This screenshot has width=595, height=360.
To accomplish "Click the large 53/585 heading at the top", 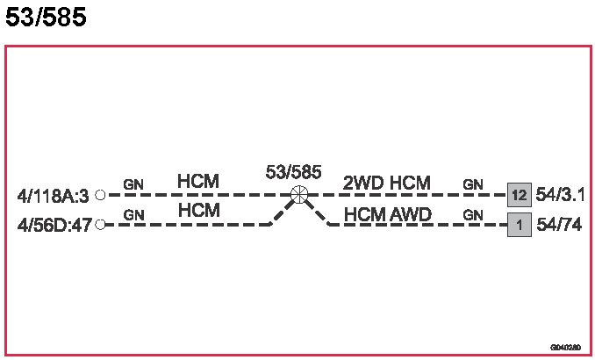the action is pyautogui.click(x=46, y=18).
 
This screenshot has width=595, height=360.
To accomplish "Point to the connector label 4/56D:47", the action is pyautogui.click(x=54, y=225).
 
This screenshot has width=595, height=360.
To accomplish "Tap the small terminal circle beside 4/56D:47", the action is pyautogui.click(x=100, y=225).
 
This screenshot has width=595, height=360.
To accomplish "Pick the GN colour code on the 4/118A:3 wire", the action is pyautogui.click(x=133, y=184).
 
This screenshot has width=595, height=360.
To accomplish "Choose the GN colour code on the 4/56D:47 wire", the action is pyautogui.click(x=133, y=214).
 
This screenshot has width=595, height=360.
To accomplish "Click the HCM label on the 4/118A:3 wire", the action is pyautogui.click(x=197, y=182).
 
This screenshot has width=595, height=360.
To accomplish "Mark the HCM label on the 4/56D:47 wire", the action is pyautogui.click(x=197, y=212).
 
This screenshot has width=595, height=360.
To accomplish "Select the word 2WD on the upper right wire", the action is pyautogui.click(x=362, y=183).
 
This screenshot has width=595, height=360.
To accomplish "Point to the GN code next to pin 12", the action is pyautogui.click(x=473, y=184).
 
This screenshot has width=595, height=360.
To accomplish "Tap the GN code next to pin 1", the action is pyautogui.click(x=473, y=214).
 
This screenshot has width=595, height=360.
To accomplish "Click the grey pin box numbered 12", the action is pyautogui.click(x=519, y=195).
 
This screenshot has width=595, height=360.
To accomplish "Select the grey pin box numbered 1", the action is pyautogui.click(x=519, y=226).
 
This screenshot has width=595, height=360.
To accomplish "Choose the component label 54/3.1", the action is pyautogui.click(x=560, y=195).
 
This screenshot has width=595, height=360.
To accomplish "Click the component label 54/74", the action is pyautogui.click(x=557, y=226).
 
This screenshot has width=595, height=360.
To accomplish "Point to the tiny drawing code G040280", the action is pyautogui.click(x=566, y=347).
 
